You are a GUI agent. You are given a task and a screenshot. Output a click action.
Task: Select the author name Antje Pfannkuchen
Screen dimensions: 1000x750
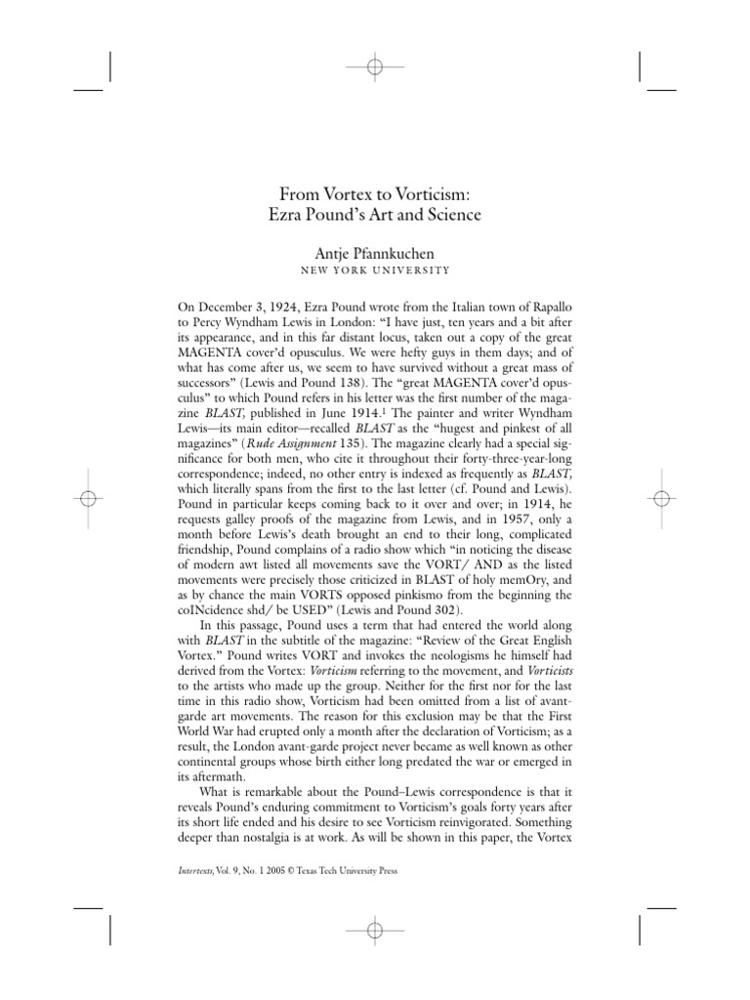[x=375, y=253]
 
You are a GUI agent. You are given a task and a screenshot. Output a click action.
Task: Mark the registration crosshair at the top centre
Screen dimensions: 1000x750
[x=375, y=66]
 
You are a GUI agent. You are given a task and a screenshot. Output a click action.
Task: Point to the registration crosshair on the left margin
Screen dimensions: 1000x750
[x=87, y=499]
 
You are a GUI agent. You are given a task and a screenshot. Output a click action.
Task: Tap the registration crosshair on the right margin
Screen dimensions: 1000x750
[x=663, y=499]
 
